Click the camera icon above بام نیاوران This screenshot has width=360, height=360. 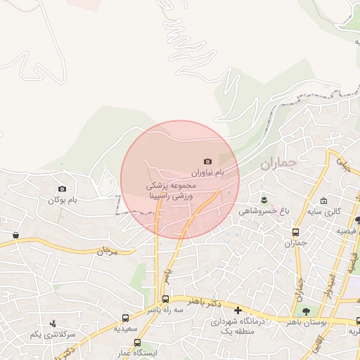(x=207, y=162)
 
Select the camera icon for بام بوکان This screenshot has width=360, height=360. (x=63, y=188)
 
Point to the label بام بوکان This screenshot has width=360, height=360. (x=62, y=200)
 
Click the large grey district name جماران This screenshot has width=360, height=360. (x=278, y=164)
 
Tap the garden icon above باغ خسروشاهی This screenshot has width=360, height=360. (x=264, y=199)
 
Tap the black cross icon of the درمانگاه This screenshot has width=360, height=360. (x=238, y=310)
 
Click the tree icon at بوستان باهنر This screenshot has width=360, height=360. (x=306, y=311)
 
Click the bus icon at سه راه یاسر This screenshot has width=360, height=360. (x=165, y=299)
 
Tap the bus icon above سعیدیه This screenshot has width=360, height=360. (x=126, y=318)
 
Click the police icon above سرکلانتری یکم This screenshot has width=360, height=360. (x=53, y=323)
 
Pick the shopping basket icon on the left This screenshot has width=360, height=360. (x=15, y=235)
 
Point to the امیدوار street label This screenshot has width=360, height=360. (x=330, y=281)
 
